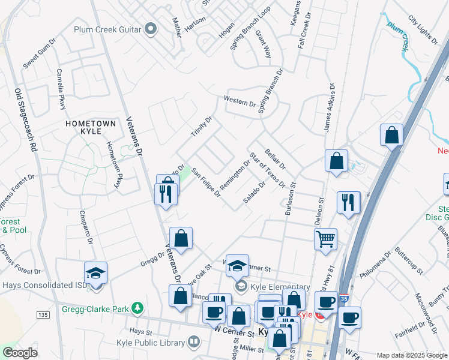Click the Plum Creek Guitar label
107,29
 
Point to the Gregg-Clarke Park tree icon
138,309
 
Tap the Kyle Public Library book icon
193,342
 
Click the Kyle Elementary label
280,287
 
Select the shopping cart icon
325,239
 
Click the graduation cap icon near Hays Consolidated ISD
95,273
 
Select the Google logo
20,353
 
